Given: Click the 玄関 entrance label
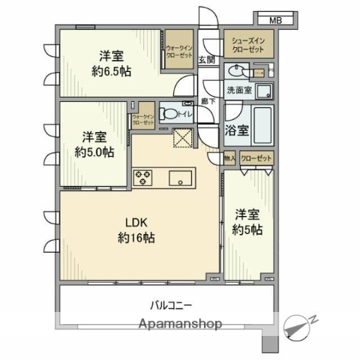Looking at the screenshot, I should [x=209, y=59].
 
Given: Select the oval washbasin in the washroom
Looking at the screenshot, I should [x=238, y=71].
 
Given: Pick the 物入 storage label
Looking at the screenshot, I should [x=229, y=159].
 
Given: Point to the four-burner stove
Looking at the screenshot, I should [x=143, y=178].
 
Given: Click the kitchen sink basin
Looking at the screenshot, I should [x=181, y=178].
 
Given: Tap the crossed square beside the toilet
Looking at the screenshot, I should [x=182, y=139].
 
